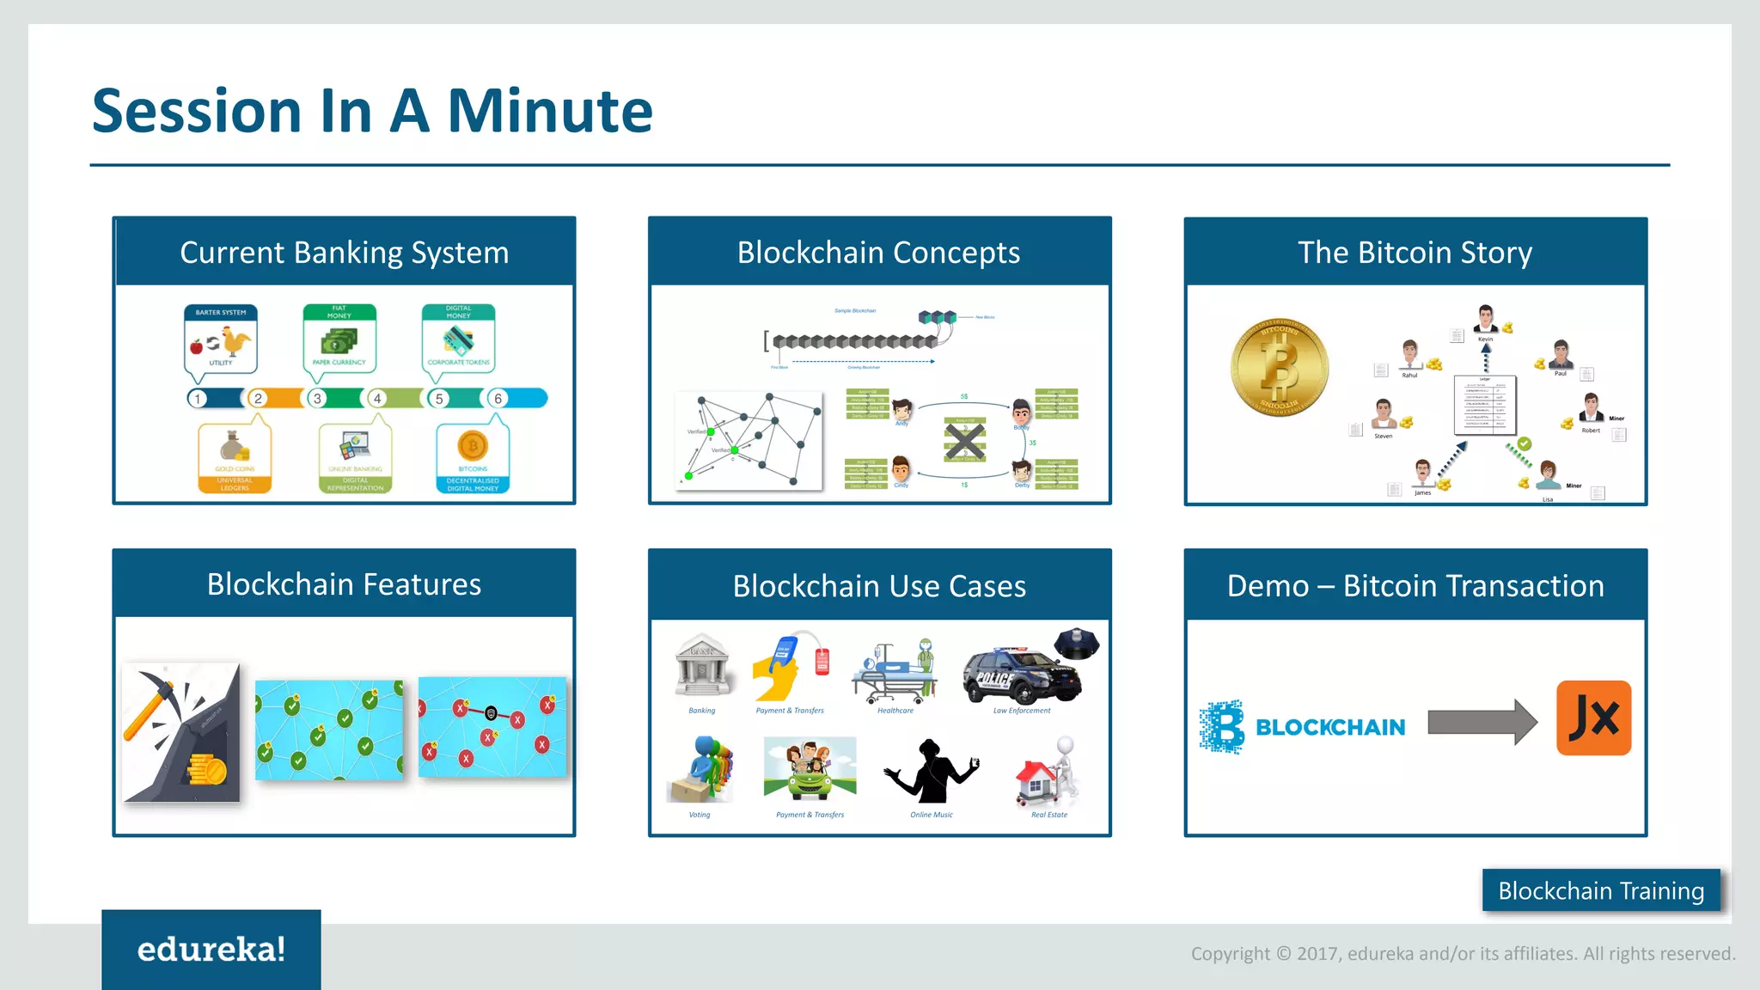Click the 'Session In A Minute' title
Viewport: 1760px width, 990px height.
[x=372, y=111]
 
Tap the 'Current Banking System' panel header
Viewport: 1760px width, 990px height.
[x=344, y=253]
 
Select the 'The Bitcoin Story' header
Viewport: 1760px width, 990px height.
[x=1415, y=253]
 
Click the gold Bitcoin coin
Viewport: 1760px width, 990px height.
[x=1280, y=369]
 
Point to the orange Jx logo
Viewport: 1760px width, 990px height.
[x=1593, y=718]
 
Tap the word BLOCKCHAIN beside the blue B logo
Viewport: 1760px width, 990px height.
[x=1329, y=728]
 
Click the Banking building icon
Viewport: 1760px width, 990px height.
[x=702, y=666]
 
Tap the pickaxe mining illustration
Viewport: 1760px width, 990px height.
[x=181, y=732]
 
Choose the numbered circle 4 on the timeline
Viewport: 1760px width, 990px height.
[x=376, y=399]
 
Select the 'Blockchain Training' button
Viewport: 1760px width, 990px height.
[x=1600, y=890]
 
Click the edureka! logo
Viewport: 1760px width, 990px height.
[x=211, y=950]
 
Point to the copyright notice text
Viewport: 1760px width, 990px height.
[x=1462, y=953]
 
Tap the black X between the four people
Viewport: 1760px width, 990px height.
[x=965, y=441]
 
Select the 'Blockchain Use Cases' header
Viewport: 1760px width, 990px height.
[x=879, y=586]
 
